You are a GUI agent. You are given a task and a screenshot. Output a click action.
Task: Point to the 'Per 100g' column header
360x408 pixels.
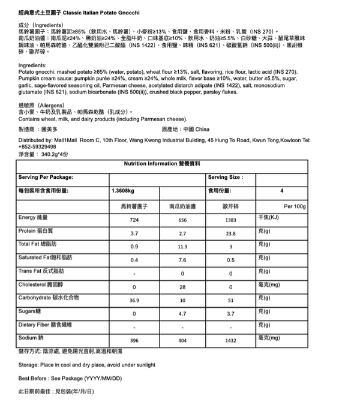pos(295,206)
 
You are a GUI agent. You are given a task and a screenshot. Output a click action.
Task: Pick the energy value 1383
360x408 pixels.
pos(230,220)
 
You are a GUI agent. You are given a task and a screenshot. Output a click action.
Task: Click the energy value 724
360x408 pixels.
pos(134,220)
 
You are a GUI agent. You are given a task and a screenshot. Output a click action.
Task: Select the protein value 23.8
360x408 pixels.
pos(230,233)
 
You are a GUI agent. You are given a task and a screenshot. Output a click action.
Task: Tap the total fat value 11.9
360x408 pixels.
pos(183,247)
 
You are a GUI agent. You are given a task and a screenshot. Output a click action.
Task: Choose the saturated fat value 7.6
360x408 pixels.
pos(183,260)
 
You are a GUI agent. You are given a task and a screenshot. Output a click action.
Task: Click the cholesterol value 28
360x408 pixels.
pos(183,287)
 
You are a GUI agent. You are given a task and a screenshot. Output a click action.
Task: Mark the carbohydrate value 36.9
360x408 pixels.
pos(134,300)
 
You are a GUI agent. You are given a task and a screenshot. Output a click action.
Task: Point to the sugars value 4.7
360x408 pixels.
pos(183,313)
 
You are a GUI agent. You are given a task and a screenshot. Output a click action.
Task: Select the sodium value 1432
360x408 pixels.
pos(230,340)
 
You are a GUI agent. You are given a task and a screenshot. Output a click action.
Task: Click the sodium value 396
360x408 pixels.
pos(134,340)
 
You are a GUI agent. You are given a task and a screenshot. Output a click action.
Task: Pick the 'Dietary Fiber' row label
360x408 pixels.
pos(45,324)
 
